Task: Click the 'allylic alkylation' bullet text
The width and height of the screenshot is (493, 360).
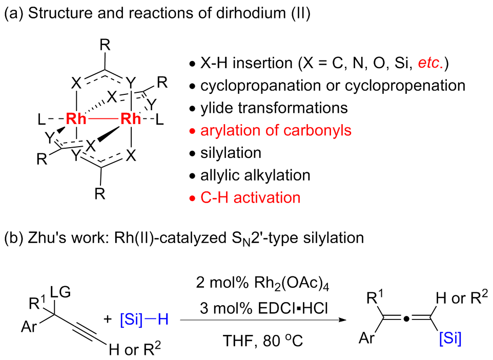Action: (x=255, y=175)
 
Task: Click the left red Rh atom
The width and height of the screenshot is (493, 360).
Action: (x=76, y=119)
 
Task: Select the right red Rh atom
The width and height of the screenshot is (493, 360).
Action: (x=131, y=119)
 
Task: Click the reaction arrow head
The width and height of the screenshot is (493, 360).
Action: (x=341, y=319)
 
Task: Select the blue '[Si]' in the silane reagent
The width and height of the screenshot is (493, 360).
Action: (x=134, y=319)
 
